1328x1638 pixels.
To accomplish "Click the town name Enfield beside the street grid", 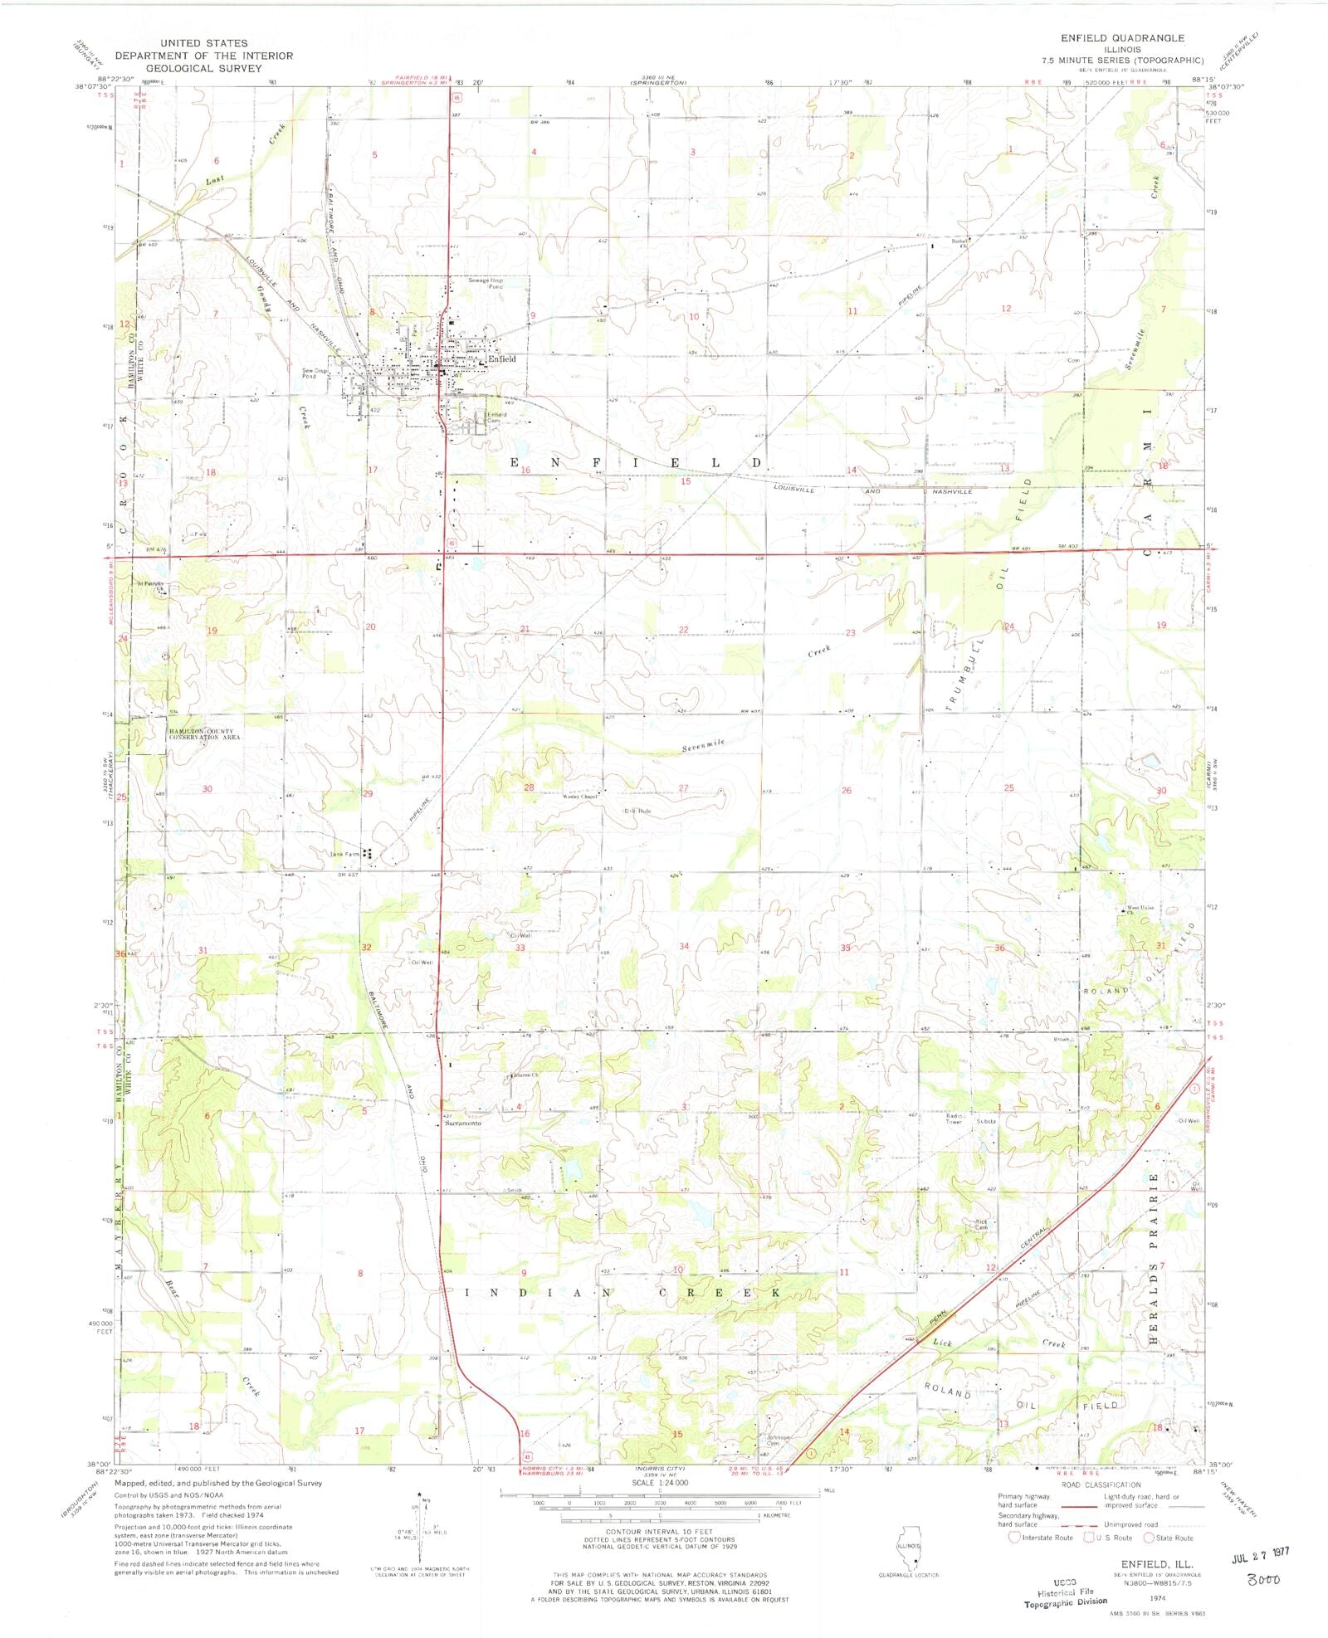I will tap(501, 359).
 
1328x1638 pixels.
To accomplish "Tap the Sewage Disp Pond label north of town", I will tap(486, 283).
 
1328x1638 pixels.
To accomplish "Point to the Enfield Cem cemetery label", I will tap(496, 417).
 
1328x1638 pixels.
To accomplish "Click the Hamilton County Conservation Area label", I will tap(204, 734).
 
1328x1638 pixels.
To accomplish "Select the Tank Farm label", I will tap(345, 854).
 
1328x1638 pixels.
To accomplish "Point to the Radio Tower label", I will tap(954, 1119).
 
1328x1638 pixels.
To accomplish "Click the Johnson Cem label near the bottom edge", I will tap(777, 1440).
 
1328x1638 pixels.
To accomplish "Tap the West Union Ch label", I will tap(1140, 909).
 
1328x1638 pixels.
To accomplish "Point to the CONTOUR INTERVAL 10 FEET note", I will tap(659, 1532).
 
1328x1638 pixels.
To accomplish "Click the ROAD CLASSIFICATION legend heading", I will tap(1101, 1485).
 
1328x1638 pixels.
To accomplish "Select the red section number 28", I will tap(528, 787).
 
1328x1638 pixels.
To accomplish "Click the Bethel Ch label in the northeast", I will tap(959, 243).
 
